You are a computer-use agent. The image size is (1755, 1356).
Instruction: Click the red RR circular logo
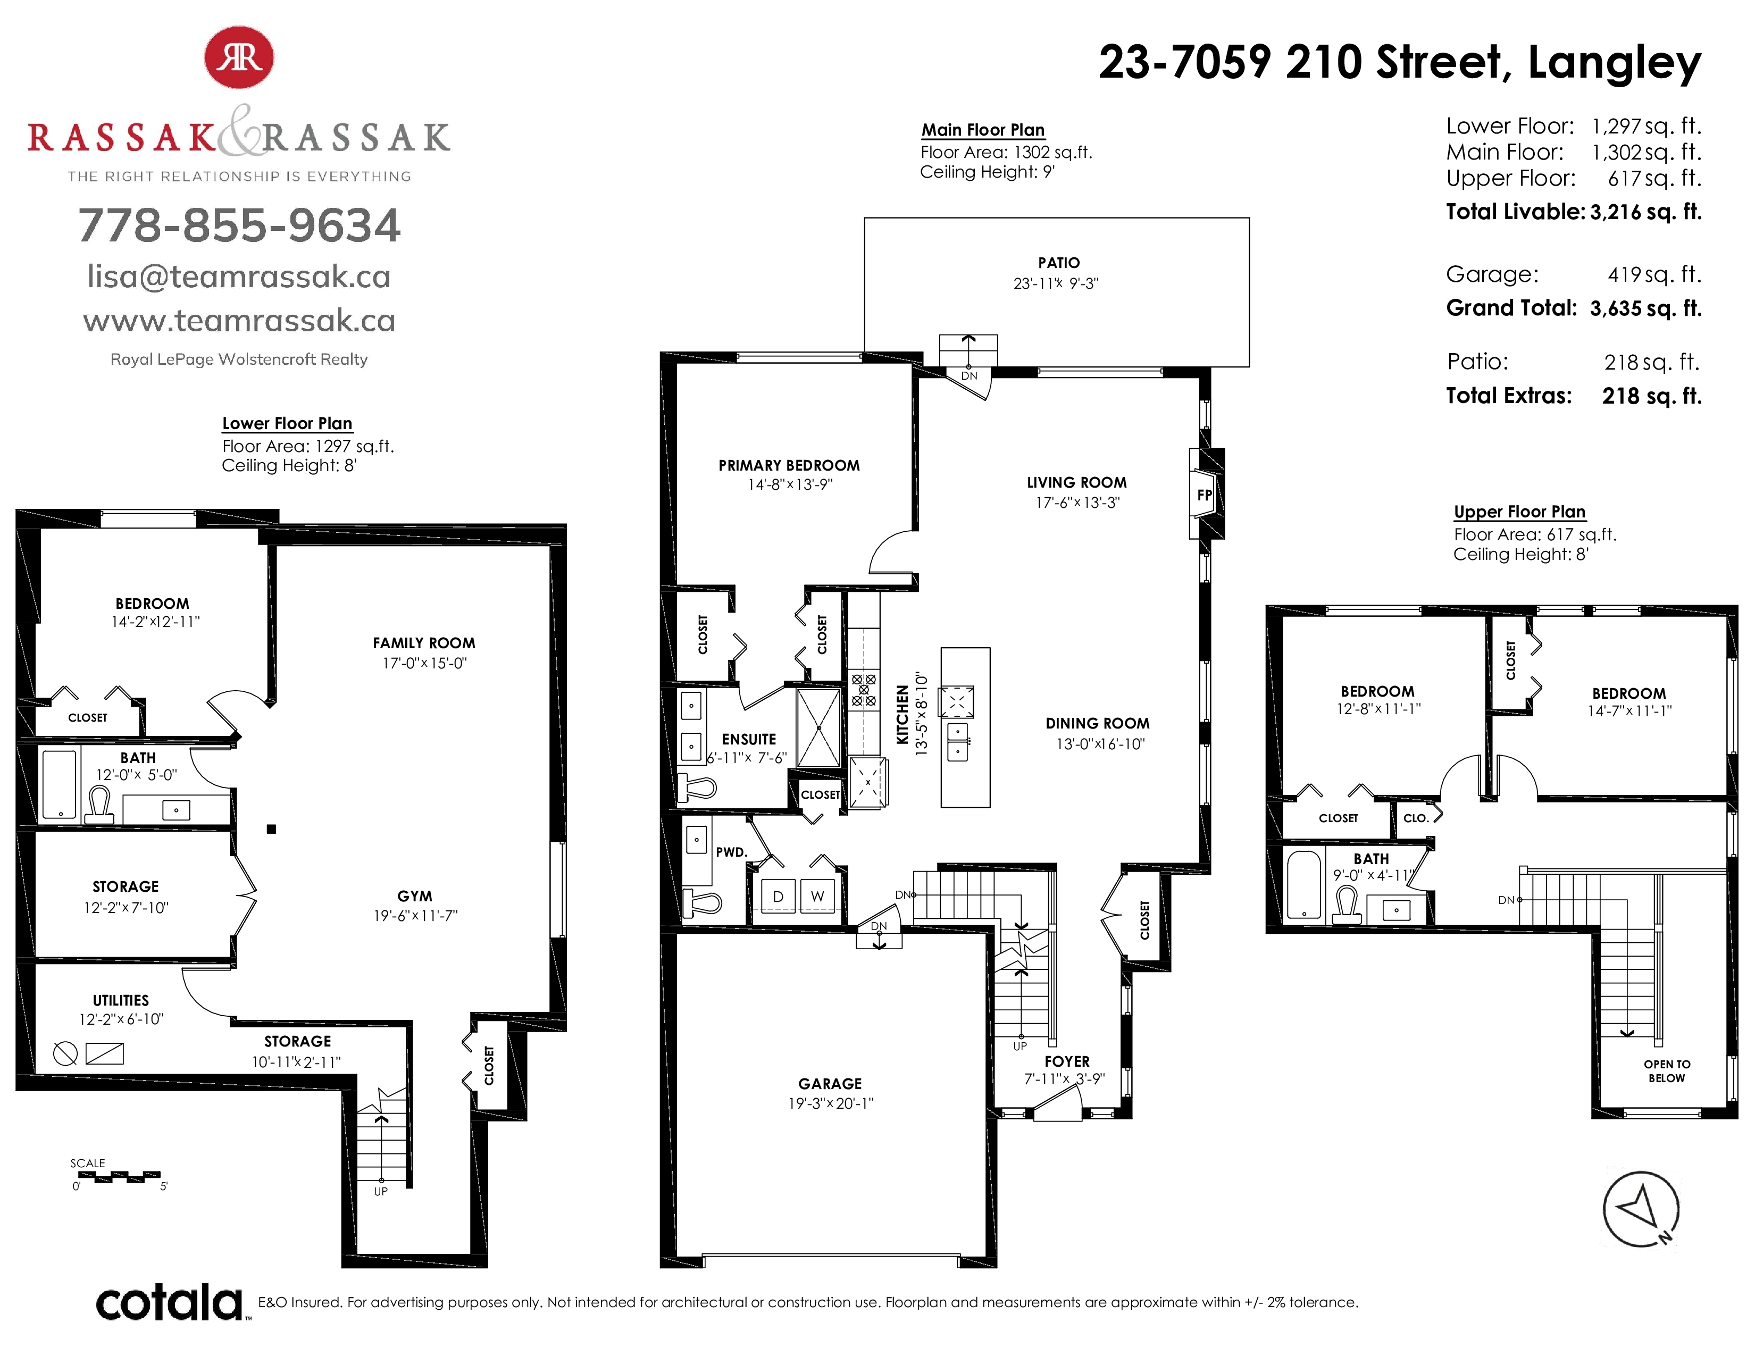tap(239, 57)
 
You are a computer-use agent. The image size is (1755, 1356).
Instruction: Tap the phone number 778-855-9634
tap(239, 225)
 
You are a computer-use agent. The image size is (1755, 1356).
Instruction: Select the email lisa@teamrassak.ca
tap(239, 277)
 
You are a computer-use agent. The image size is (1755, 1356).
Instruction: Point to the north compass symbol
tap(1641, 1209)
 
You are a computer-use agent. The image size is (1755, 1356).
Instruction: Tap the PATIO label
tap(1058, 263)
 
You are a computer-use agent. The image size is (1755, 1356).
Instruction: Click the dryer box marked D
tap(778, 895)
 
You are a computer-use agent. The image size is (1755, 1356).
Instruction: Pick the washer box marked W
tap(817, 895)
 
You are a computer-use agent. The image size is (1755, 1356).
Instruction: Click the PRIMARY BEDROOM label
tap(789, 465)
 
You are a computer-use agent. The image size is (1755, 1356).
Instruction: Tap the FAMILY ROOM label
tap(423, 643)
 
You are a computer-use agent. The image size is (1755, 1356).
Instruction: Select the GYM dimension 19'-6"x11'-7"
tap(415, 916)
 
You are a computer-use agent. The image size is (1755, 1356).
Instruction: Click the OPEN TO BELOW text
tap(1667, 1071)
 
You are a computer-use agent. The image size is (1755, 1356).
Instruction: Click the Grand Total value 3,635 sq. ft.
tap(1646, 308)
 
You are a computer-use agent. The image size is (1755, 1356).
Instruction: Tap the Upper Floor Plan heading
tap(1519, 512)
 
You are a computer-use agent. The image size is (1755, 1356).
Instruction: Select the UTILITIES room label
tap(121, 1000)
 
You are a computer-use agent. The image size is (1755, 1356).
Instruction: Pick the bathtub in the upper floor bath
tap(1303, 884)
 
